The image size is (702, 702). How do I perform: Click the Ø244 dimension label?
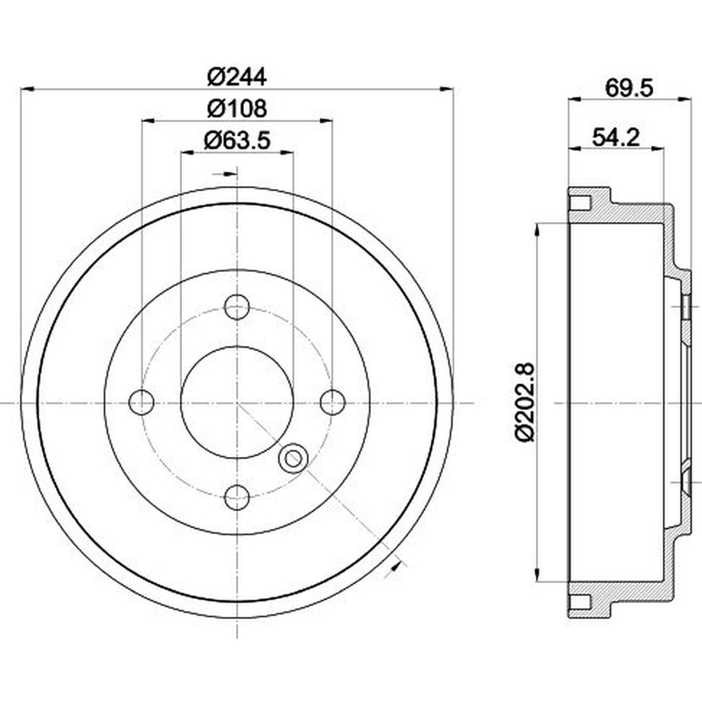pos(237,77)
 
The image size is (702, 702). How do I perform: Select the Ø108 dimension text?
pos(237,108)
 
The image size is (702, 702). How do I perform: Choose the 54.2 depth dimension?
pos(616,137)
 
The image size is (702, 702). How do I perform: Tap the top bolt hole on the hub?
pos(237,307)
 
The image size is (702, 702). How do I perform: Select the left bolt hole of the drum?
pos(142,402)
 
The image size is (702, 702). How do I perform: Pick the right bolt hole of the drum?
pos(333,402)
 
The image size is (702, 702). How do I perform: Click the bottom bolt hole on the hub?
pos(237,498)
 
